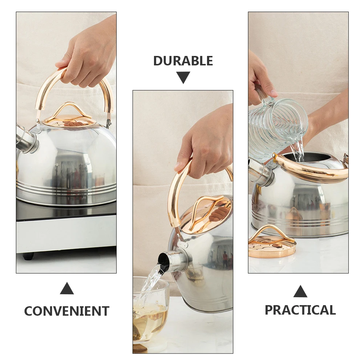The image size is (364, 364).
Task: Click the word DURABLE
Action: [183, 61]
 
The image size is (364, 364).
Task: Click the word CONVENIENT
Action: [66, 311]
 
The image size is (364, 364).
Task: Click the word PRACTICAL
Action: [300, 310]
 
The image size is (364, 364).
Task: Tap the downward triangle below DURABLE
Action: [183, 77]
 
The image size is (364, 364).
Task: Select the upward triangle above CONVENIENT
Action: [67, 289]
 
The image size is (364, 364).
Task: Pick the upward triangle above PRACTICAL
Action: [300, 291]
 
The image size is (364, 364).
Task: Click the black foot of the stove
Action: [28, 256]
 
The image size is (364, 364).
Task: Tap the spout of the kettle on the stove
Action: [25, 139]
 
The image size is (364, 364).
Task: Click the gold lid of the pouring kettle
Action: [207, 214]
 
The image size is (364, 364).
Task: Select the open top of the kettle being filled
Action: [309, 157]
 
